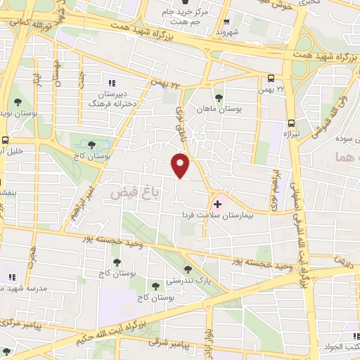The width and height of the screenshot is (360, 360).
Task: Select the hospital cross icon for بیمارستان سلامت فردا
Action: pos(217,204)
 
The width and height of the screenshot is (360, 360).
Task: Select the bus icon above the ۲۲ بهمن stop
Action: pos(271,78)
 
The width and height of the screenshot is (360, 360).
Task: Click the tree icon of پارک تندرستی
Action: pos(187,269)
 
